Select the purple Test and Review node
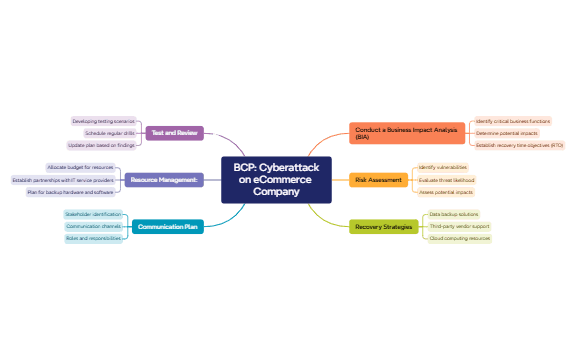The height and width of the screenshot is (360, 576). pos(175,132)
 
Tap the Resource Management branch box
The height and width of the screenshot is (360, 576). pos(164,180)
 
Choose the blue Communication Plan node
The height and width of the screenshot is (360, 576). pos(167,227)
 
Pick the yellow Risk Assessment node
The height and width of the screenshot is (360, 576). pos(379,180)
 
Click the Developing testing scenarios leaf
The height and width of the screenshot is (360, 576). pos(103,120)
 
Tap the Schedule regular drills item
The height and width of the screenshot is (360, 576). pos(109,132)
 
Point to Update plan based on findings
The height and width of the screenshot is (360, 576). pos(101,145)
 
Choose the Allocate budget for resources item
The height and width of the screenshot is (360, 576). pos(81,167)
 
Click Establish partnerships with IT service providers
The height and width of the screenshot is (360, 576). pos(63,180)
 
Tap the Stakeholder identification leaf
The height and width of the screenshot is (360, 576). pos(92,214)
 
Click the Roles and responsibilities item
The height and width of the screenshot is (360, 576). pos(93,239)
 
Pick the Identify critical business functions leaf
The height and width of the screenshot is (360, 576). pos(512,120)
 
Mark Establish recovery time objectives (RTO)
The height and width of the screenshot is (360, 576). pos(519,145)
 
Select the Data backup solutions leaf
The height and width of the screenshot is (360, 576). pos(454,214)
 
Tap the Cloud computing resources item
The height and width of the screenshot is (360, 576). pos(459,239)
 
